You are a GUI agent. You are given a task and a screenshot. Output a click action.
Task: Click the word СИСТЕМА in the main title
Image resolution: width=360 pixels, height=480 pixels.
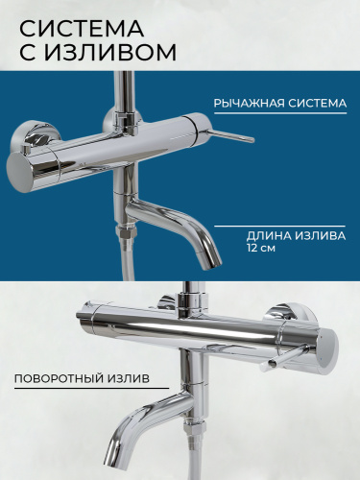click(x=82, y=28)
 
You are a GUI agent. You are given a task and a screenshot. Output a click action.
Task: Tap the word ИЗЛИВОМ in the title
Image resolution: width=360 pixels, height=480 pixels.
click(x=110, y=53)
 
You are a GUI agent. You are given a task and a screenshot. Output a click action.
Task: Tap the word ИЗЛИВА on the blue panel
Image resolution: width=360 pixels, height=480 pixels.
click(x=320, y=236)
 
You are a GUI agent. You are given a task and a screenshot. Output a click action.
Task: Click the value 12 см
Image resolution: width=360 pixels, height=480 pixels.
click(x=261, y=249)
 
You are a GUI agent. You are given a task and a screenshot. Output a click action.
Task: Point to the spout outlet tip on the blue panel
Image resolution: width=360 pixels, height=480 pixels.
click(x=211, y=261)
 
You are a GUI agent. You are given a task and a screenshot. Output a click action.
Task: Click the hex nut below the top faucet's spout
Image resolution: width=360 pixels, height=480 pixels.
click(x=127, y=233)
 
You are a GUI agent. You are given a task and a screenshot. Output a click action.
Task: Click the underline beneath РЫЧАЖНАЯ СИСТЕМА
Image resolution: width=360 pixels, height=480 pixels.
click(x=280, y=113)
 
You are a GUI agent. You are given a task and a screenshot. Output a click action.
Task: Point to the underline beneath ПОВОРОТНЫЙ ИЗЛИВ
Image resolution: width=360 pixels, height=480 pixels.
click(x=91, y=389)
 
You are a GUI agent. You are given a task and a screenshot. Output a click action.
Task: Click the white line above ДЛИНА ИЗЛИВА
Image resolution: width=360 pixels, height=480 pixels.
click(x=280, y=226)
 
